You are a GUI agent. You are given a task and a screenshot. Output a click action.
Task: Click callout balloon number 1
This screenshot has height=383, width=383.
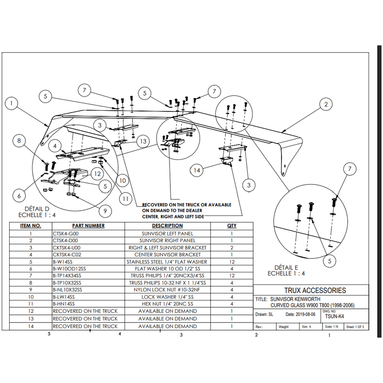coord(11,103)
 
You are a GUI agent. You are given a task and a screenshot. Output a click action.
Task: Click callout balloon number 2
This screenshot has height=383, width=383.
coord(326,104)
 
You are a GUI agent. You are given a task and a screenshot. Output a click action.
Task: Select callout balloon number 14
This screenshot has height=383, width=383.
coord(196,170)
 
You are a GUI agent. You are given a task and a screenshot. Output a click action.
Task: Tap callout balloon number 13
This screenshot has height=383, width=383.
coord(143,141)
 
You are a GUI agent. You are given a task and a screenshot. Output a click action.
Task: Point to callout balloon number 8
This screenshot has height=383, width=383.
coord(19,141)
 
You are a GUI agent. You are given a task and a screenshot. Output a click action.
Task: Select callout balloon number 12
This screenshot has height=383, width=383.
coord(97,174)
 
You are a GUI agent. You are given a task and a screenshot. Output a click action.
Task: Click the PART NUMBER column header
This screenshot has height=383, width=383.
coord(88,225)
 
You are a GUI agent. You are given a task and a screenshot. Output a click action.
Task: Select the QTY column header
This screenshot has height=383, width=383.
coord(231,225)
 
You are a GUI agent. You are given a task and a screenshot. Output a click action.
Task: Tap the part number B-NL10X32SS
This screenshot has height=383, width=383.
coord(67,290)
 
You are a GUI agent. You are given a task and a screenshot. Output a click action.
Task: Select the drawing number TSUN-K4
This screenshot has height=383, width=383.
coord(335,316)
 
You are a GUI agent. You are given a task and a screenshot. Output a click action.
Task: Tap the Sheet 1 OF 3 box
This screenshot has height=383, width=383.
coord(355,327)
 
